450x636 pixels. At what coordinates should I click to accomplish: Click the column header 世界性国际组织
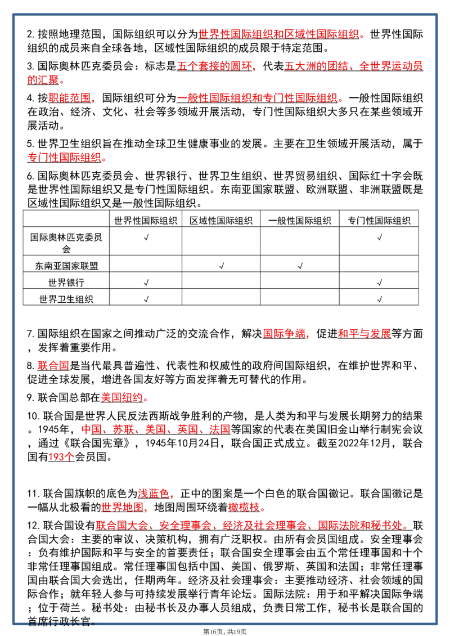click(146, 221)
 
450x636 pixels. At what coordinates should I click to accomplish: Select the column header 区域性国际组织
click(221, 221)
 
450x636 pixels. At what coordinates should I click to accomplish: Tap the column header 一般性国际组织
click(300, 221)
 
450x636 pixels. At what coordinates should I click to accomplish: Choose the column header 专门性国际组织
click(379, 221)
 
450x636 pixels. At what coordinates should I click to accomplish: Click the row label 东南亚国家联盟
click(66, 266)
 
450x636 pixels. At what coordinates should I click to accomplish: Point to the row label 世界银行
click(66, 283)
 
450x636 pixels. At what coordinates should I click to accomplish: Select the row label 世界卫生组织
click(66, 299)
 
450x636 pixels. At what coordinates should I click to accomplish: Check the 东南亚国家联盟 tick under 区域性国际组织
click(222, 266)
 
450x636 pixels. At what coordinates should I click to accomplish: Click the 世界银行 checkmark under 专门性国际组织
click(380, 283)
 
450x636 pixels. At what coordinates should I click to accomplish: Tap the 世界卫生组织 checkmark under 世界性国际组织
click(146, 299)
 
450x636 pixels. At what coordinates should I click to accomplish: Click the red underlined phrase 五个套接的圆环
click(214, 66)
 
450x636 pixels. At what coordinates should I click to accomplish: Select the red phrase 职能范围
click(69, 98)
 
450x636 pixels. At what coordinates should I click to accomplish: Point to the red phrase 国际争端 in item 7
click(284, 334)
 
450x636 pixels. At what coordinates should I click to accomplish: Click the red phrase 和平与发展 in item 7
click(364, 334)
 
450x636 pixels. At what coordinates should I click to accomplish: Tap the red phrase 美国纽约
click(121, 397)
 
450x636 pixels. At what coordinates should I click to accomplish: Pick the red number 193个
click(61, 457)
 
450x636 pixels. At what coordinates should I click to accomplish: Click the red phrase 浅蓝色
click(153, 494)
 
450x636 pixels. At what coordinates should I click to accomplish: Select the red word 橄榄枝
click(244, 508)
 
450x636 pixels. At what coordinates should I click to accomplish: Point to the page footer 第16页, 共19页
click(224, 631)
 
